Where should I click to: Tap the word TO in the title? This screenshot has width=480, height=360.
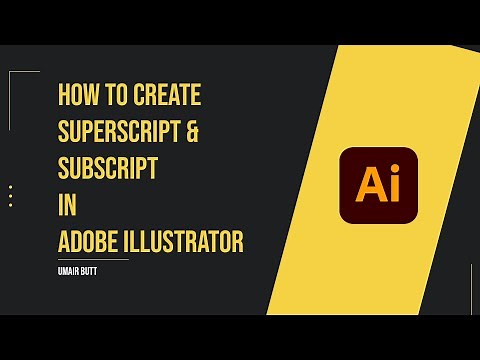113,96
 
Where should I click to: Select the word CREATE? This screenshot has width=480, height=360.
166,96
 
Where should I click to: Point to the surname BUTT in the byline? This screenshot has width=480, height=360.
96,269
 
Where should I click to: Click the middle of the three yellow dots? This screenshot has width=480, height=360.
11,196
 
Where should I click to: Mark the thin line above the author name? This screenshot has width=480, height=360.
94,260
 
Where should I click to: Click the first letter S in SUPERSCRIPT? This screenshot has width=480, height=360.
65,132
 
